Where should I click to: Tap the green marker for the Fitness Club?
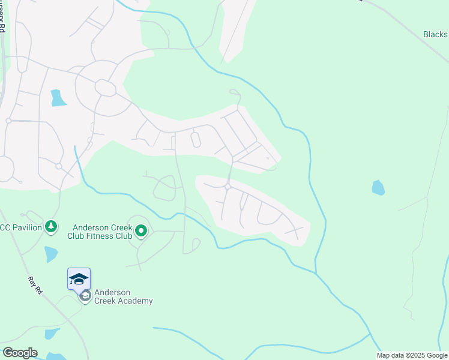click(x=141, y=230)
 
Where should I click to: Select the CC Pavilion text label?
click(x=21, y=227)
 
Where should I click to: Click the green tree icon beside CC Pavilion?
click(x=52, y=226)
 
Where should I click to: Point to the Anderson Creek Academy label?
click(x=123, y=297)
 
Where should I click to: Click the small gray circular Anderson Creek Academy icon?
click(x=85, y=296)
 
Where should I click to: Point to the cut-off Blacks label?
click(x=435, y=35)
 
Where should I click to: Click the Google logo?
click(x=20, y=353)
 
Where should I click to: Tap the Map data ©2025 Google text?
click(x=412, y=355)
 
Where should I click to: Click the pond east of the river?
click(x=378, y=188)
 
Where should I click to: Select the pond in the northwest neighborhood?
click(x=58, y=98)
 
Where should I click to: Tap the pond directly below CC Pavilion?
click(x=50, y=254)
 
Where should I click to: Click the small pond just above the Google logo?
click(x=52, y=334)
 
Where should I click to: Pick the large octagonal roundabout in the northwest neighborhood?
click(x=106, y=88)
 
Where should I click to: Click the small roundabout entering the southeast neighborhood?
click(x=228, y=187)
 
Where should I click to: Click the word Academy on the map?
click(x=136, y=301)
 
